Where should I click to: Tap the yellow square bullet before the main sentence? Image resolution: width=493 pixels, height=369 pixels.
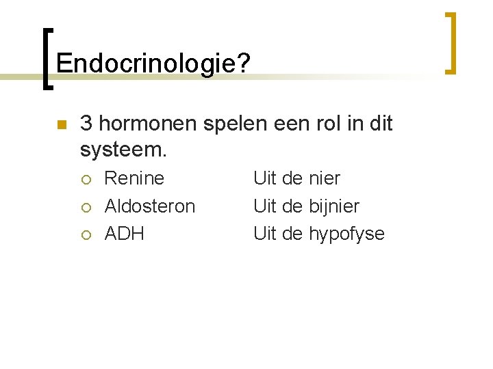61,125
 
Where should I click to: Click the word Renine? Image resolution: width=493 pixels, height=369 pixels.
134,178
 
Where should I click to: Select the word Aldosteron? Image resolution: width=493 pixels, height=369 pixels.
149,206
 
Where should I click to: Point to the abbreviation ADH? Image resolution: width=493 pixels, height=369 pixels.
124,234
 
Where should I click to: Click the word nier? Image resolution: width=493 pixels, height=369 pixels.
324,178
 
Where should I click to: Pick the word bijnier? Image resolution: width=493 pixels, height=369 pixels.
333,206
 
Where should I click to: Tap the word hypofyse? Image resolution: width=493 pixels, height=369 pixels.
346,234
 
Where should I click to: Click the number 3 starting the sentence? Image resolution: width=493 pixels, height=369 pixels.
86,124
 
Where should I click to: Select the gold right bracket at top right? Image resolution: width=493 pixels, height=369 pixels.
451,42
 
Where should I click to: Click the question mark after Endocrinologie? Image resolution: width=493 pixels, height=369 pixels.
244,64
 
